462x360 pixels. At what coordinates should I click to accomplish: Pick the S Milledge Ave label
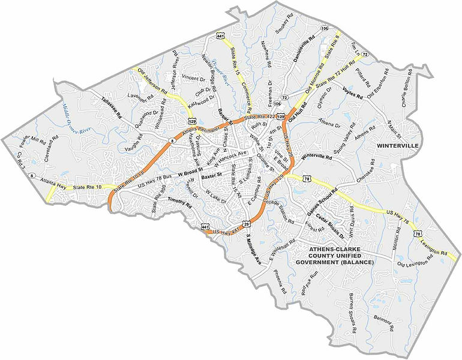click(253, 252)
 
